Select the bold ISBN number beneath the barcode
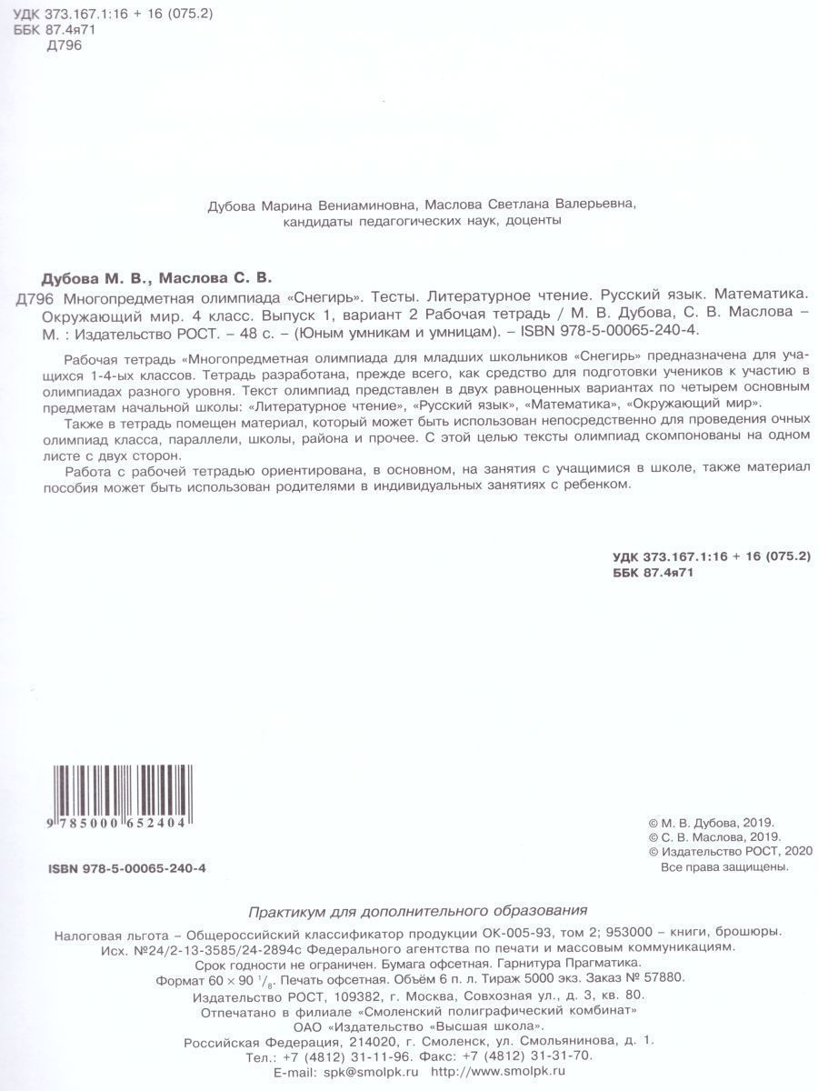127,868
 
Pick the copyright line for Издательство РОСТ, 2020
727,851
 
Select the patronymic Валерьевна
592,205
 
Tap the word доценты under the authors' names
532,221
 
